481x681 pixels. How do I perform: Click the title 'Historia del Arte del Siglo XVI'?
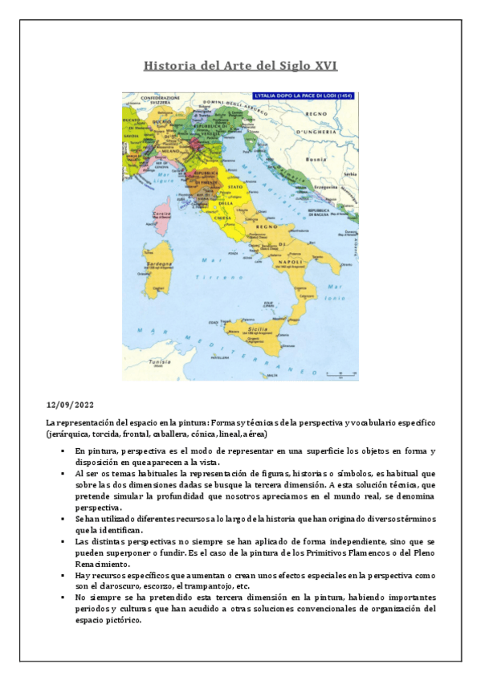click(240, 65)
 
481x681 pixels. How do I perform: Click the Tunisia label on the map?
click(161, 362)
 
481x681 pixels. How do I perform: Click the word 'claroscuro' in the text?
click(115, 586)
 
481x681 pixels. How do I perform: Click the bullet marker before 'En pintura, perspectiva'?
click(62, 452)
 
